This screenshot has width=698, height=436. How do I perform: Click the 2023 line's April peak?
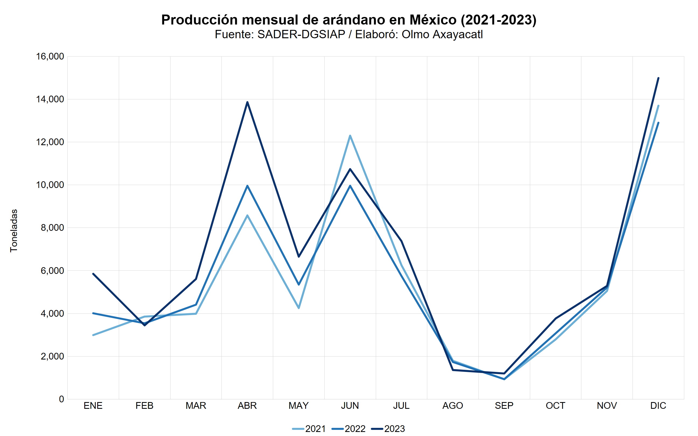click(x=247, y=102)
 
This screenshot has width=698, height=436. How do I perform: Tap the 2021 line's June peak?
click(x=350, y=135)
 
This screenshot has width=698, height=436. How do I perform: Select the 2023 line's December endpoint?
click(x=658, y=78)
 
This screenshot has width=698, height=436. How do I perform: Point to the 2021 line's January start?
click(x=93, y=335)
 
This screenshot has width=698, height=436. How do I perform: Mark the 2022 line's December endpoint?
click(x=658, y=123)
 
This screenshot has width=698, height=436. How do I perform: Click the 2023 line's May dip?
click(x=299, y=257)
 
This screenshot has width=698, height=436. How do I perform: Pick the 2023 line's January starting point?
click(x=93, y=274)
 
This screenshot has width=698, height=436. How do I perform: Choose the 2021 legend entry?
click(x=309, y=429)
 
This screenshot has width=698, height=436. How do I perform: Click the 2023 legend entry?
click(x=388, y=429)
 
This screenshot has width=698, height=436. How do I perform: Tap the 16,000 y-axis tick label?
click(x=50, y=57)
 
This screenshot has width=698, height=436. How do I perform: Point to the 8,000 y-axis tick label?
click(x=52, y=228)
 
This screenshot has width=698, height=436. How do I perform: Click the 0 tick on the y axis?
click(x=61, y=399)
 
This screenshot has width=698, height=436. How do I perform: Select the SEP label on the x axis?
click(x=504, y=406)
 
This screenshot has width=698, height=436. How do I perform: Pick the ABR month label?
click(x=247, y=406)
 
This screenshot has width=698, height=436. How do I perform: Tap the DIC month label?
click(x=658, y=406)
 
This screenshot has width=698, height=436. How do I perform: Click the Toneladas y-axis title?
click(x=14, y=231)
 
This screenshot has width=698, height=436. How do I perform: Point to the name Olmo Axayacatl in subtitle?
click(x=442, y=34)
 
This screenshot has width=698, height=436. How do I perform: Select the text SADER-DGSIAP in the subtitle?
click(x=301, y=34)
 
